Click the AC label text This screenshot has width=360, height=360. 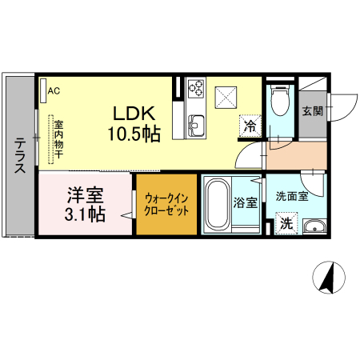54,91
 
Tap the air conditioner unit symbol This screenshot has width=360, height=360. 43,90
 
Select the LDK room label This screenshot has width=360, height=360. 134,114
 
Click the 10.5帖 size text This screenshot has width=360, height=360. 134,134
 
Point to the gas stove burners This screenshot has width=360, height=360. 196,88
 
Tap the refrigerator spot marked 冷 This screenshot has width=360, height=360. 250,126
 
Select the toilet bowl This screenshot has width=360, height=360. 280,101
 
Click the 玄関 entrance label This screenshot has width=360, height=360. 313,111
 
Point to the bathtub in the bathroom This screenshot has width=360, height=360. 218,204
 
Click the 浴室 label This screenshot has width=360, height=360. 246,202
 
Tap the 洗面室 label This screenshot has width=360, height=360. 292,197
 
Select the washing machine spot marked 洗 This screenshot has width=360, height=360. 286,223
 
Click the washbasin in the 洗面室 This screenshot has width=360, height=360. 314,226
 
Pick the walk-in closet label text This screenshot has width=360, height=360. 166,205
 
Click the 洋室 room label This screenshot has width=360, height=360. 86,195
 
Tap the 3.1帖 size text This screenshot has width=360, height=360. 85,214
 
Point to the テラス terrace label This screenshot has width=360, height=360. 20,155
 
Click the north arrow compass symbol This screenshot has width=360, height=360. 329,278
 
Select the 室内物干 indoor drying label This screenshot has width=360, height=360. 59,139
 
